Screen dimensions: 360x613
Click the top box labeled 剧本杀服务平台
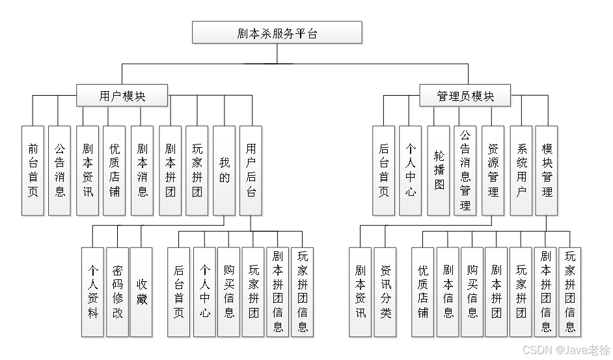click(277, 33)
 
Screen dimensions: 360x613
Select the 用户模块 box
click(122, 96)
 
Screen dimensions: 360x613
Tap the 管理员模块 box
click(465, 96)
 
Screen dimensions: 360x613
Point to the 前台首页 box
click(33, 171)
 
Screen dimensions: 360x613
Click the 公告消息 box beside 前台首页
click(60, 171)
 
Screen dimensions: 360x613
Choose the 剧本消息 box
click(143, 171)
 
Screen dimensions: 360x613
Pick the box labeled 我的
click(225, 171)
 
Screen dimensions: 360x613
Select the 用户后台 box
click(251, 171)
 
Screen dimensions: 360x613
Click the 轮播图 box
click(439, 171)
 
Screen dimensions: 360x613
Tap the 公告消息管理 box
click(465, 171)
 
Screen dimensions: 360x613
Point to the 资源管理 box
click(493, 171)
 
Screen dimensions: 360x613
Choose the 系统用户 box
click(521, 171)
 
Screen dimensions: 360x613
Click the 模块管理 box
click(547, 171)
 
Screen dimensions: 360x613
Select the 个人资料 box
click(93, 292)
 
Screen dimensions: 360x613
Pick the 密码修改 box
click(118, 292)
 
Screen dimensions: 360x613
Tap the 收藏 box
click(142, 292)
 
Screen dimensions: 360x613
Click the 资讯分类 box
click(386, 292)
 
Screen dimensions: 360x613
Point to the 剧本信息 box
click(448, 292)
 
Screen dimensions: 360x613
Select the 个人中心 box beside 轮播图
click(411, 171)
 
